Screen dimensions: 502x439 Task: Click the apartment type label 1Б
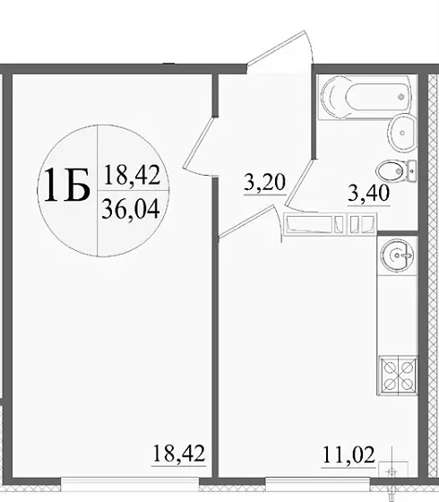pyautogui.click(x=63, y=186)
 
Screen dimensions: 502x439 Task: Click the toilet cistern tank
pyautogui.click(x=410, y=169)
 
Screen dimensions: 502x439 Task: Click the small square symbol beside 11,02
pyautogui.click(x=389, y=465)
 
